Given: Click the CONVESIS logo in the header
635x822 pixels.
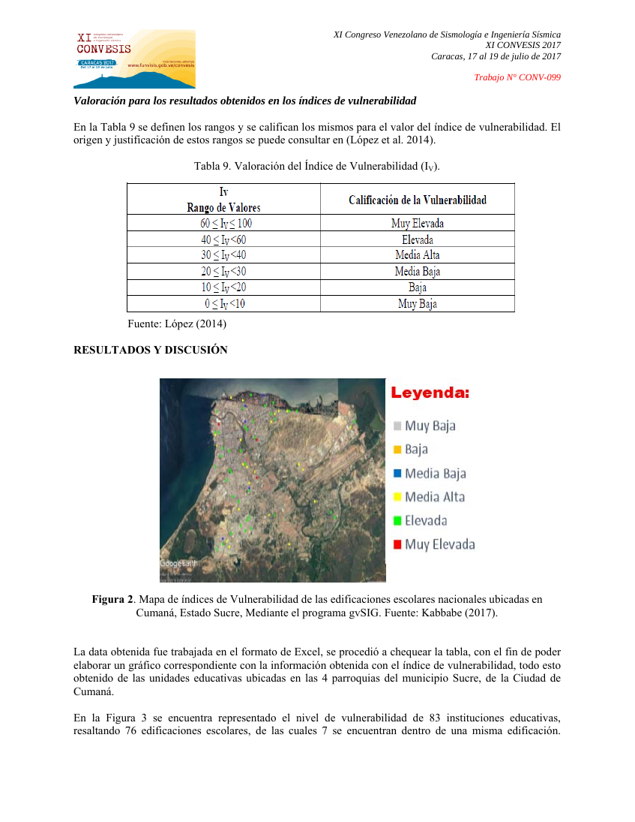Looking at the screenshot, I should coord(134,59).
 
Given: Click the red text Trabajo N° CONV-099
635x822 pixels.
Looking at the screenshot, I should coord(518,77).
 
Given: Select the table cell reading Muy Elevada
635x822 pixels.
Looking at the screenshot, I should coord(417,223).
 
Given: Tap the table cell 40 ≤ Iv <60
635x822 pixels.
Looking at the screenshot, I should coord(223,239).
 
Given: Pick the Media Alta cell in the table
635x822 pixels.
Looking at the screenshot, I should coord(417,255).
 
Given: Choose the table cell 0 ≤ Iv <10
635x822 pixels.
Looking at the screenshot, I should coord(223,304).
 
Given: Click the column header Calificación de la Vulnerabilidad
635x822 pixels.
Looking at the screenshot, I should coord(417,200).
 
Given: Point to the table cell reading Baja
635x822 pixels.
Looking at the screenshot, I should coord(417,288).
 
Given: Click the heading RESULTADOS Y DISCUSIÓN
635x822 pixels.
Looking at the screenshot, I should coord(150,350).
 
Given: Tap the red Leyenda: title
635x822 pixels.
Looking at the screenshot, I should coord(430,393).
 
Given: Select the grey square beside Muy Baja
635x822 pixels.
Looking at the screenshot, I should coord(397,426).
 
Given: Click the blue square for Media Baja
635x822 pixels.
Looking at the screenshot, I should coord(397,474).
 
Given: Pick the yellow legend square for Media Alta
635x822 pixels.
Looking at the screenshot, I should coord(397,497).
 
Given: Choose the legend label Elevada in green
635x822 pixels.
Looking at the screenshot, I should coord(426,520).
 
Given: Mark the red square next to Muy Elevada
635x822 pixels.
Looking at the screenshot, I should coord(397,544).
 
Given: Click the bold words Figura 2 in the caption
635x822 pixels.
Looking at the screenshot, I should coord(114,599).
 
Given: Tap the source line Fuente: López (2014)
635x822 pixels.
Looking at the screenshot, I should coord(178,324).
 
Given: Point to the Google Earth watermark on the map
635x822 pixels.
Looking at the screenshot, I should coord(178,564).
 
